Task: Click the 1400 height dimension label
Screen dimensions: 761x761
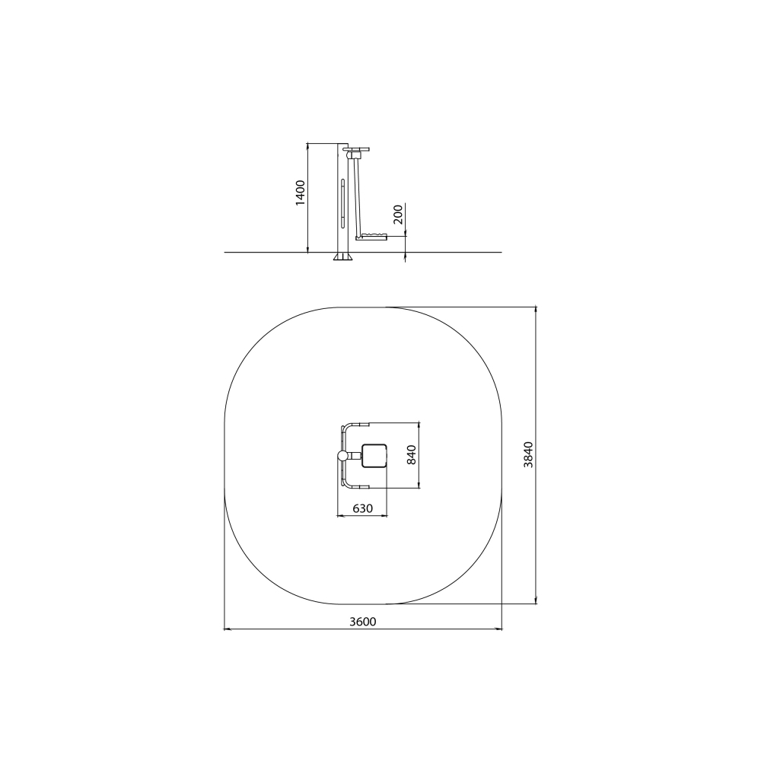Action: pos(301,193)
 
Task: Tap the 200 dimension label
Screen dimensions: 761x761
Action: pos(398,214)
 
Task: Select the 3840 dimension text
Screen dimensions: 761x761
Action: pos(528,455)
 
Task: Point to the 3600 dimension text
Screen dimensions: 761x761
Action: pos(363,621)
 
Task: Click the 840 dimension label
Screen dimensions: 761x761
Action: pos(412,455)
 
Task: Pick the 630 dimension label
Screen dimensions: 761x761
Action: pos(362,508)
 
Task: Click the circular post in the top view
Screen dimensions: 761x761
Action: pos(343,456)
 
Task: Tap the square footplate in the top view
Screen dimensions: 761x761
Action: pos(374,455)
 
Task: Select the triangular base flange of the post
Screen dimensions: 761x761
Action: pos(343,256)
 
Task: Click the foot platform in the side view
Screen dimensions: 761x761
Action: pos(372,237)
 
